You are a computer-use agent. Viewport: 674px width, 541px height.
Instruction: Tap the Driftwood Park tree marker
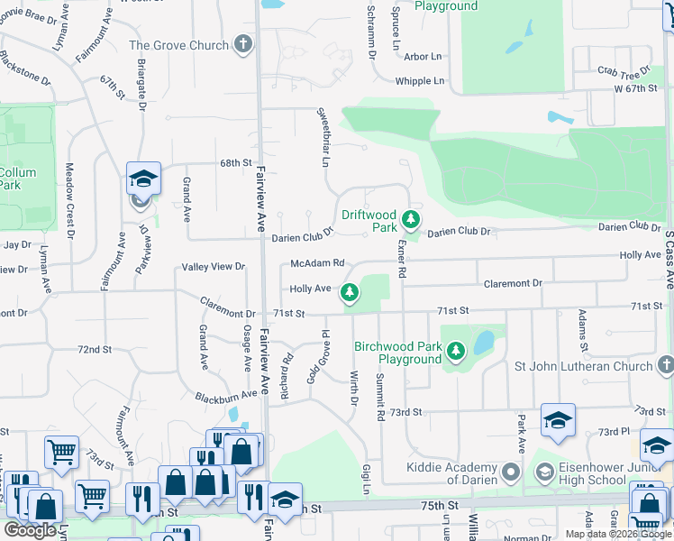411,219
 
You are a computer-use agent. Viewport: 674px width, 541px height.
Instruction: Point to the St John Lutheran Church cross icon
665,365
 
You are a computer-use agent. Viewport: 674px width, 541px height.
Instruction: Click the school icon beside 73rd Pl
558,420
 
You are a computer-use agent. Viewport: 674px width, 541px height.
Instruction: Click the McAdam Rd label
317,263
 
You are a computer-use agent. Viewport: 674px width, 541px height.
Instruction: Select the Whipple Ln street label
420,81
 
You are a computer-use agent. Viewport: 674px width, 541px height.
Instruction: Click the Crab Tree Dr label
624,71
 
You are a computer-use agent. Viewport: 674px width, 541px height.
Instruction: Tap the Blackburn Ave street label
226,396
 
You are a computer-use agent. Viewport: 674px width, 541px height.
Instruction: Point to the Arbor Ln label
424,56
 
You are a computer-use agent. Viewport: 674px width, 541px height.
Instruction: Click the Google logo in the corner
30,530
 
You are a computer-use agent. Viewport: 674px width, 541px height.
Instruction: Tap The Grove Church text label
178,45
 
